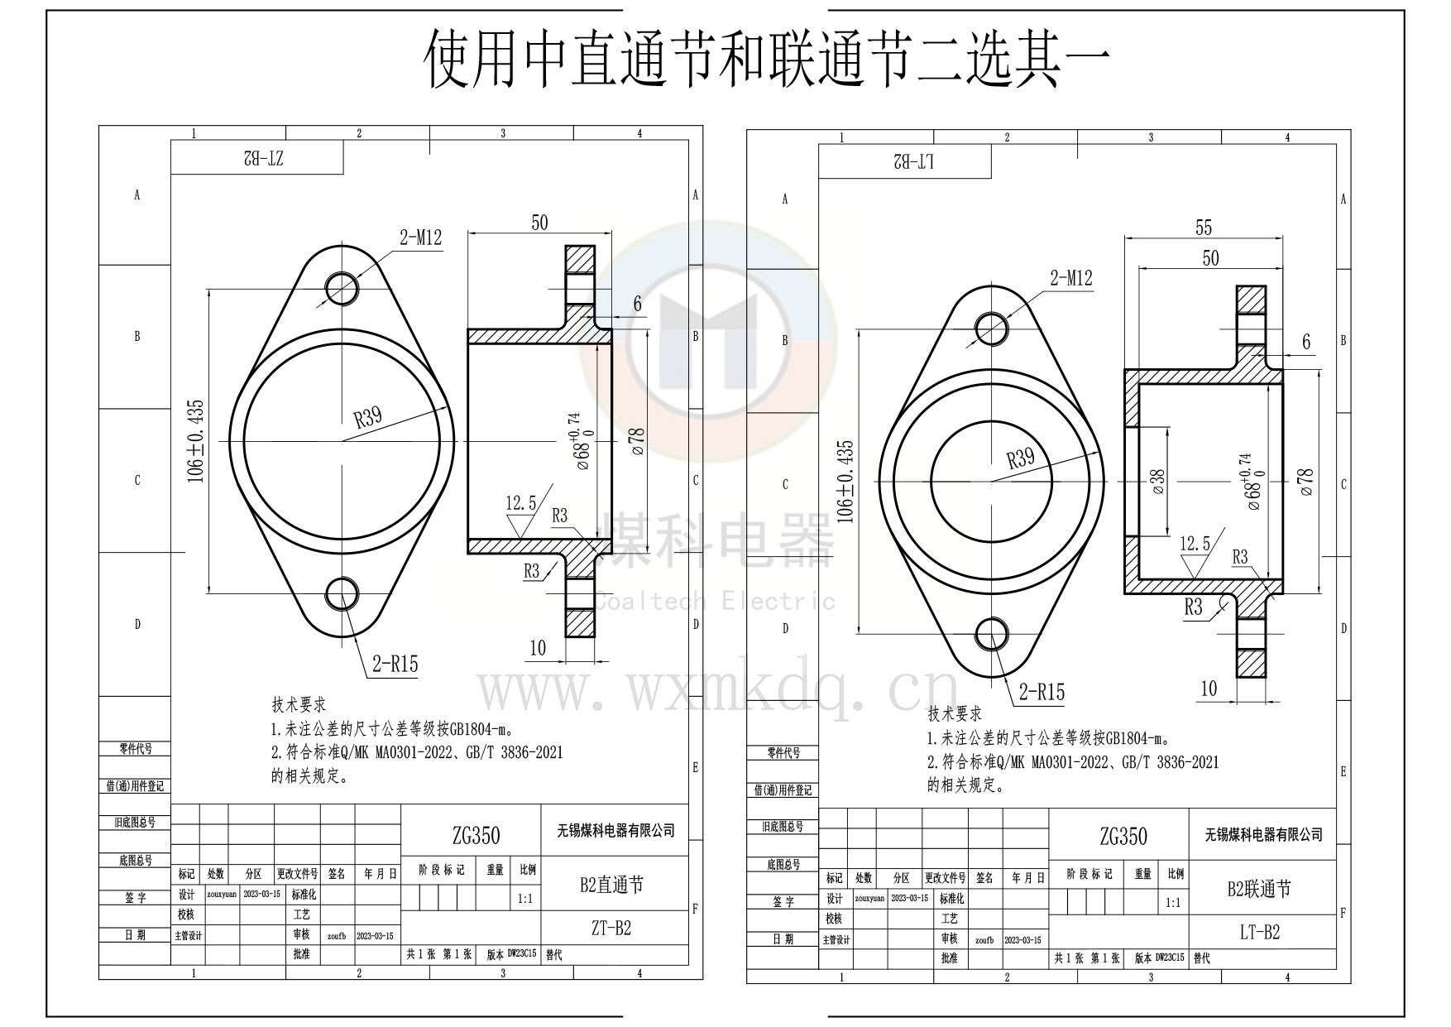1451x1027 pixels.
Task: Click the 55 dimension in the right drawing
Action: tap(1204, 227)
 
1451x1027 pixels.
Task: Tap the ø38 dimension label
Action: tap(1158, 482)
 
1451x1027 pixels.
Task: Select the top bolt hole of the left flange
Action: tap(342, 289)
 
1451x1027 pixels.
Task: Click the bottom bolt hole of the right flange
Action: tap(992, 635)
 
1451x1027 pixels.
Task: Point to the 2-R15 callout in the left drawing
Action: tap(395, 663)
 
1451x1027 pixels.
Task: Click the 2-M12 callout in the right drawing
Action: tap(1070, 278)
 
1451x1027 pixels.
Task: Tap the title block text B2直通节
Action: tap(611, 885)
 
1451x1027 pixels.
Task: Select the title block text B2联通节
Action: tap(1259, 889)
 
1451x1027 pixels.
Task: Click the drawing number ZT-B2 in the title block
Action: tap(611, 928)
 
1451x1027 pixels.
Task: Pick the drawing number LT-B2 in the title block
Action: tap(1259, 932)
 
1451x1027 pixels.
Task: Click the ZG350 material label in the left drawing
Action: tap(476, 835)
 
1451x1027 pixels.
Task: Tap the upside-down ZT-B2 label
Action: tap(263, 158)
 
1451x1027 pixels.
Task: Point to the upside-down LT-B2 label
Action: tap(913, 162)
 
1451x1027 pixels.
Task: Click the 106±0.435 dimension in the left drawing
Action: tap(196, 441)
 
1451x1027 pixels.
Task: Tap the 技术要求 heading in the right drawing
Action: tap(954, 713)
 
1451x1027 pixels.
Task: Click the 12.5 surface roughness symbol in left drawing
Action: tap(521, 513)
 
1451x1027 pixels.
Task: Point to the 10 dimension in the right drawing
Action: tap(1209, 689)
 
